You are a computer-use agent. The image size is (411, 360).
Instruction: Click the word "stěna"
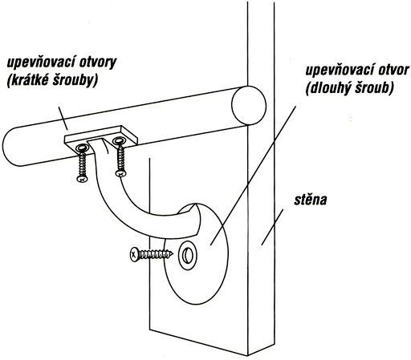[x=311, y=200]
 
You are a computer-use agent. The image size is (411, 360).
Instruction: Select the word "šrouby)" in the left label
[x=75, y=81]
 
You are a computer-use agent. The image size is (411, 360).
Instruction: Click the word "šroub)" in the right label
[x=374, y=88]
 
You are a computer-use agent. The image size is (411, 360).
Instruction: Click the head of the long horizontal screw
[x=134, y=254]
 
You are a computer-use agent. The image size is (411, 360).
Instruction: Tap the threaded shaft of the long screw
[x=156, y=254]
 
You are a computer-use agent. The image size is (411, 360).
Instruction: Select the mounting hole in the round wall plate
[x=188, y=255]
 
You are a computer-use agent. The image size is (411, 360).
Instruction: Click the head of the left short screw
[x=82, y=179]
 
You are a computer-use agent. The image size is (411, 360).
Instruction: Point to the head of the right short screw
[x=121, y=173]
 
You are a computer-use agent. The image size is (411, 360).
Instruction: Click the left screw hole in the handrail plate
[x=83, y=148]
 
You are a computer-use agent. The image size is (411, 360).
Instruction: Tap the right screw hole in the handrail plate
[x=119, y=140]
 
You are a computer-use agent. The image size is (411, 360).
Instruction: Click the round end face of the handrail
[x=249, y=106]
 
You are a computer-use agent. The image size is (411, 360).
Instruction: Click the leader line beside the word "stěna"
[x=272, y=227]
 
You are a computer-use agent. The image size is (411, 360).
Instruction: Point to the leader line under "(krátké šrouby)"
[x=63, y=118]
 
